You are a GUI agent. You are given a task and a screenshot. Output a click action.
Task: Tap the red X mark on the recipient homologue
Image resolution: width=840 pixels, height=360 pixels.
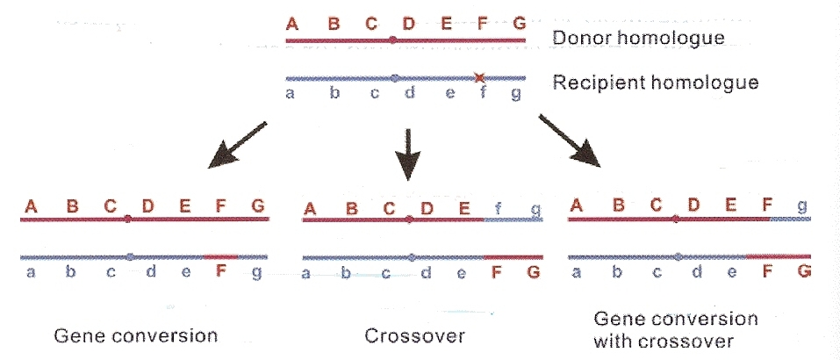(x=479, y=77)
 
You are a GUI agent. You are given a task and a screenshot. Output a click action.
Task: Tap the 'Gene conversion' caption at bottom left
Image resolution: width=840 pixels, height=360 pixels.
(x=135, y=336)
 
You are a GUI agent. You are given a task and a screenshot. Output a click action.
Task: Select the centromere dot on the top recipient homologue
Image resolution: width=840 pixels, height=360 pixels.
(x=395, y=77)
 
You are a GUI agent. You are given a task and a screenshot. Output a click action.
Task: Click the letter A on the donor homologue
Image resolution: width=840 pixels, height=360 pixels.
(x=292, y=24)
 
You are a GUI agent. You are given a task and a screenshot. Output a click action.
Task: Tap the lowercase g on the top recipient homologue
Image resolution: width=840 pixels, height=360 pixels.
(x=516, y=94)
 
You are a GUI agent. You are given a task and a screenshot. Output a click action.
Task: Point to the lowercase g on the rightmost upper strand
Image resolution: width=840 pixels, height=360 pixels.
(x=801, y=207)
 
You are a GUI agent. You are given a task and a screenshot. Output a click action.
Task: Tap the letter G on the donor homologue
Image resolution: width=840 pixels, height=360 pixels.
(x=518, y=24)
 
